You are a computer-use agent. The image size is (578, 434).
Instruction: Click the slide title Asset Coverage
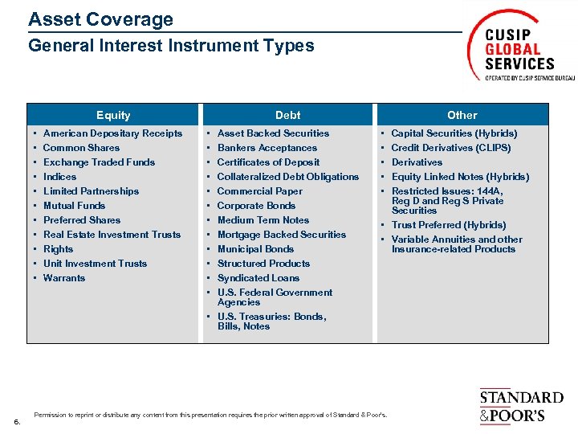[100, 19]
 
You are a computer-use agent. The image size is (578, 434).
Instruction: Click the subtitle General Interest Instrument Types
[171, 46]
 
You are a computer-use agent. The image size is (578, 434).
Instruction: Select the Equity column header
[113, 115]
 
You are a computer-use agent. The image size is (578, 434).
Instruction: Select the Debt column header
[287, 115]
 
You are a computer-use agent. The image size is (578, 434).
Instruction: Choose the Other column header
[462, 115]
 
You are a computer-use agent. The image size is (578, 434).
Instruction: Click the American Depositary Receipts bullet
[112, 133]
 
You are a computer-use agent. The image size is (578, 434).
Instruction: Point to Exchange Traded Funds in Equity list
[99, 162]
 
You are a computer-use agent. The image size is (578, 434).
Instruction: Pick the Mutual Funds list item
[74, 206]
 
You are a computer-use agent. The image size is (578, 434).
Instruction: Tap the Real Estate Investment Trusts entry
[112, 235]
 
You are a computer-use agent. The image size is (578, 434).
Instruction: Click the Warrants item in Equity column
[64, 278]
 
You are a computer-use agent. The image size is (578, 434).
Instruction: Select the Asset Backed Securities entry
[273, 133]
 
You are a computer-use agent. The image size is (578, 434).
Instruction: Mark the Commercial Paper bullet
[260, 191]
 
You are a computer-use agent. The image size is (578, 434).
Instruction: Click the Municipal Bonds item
[256, 249]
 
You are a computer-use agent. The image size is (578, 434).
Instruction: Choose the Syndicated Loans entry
[258, 278]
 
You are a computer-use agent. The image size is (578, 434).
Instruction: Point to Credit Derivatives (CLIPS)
[450, 148]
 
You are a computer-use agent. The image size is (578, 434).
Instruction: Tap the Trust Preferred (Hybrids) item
[448, 225]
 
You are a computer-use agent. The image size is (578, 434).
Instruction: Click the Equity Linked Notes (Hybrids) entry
[460, 177]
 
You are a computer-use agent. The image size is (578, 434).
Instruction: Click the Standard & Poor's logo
[521, 406]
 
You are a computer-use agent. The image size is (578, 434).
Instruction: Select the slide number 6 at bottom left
[17, 420]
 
